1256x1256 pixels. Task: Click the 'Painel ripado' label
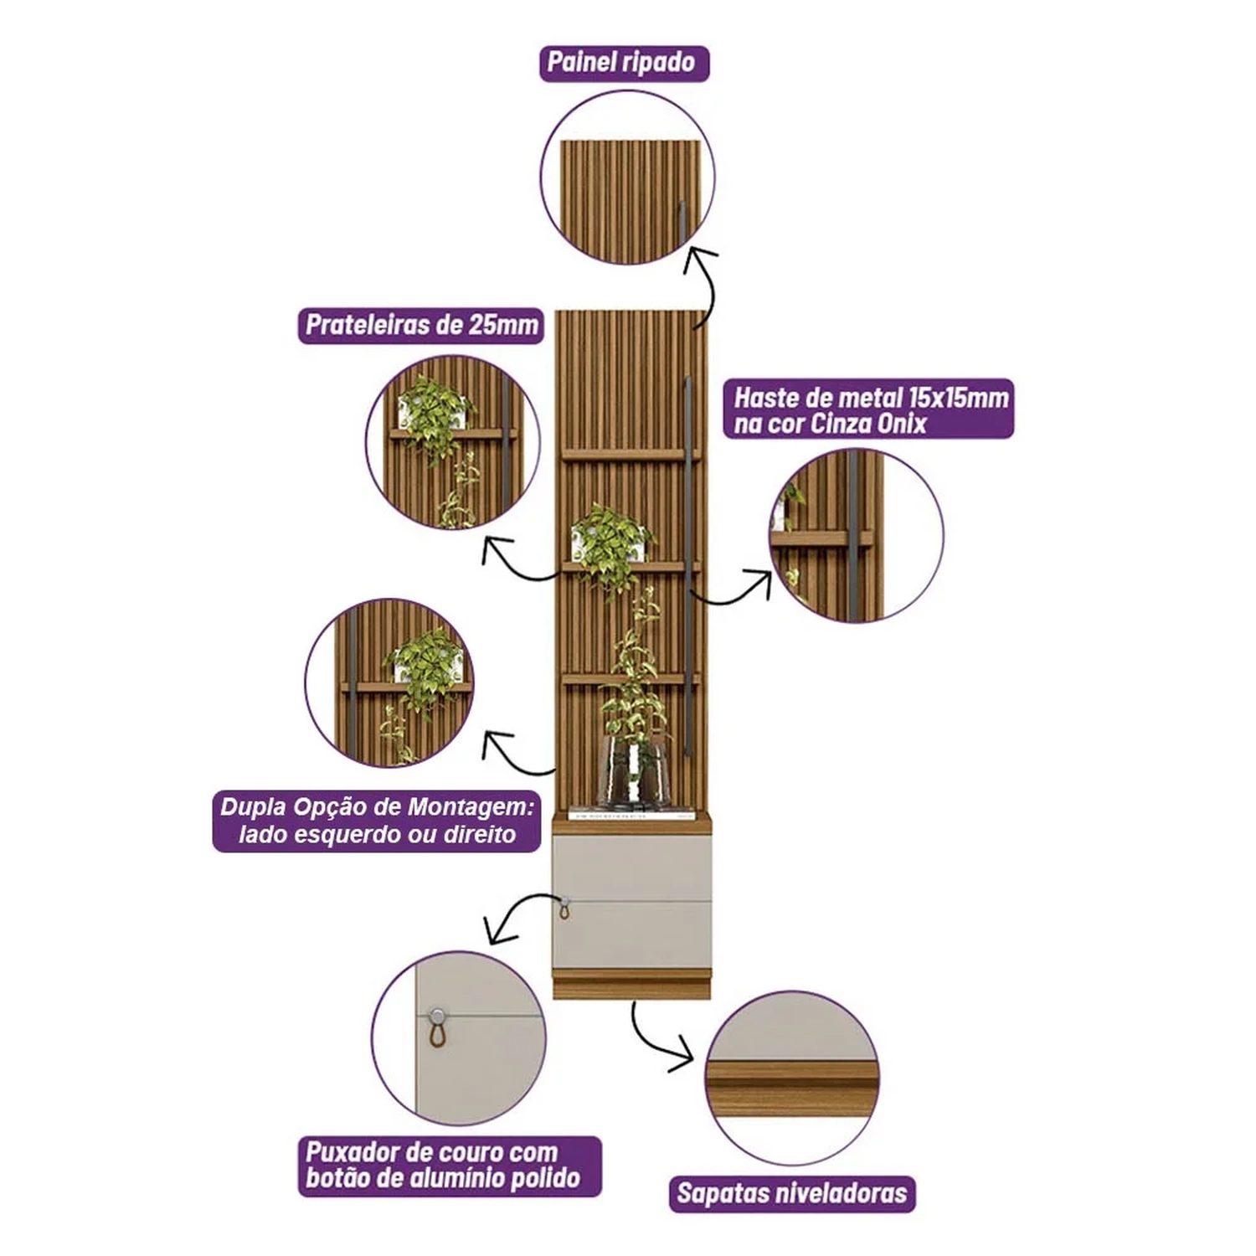pos(624,63)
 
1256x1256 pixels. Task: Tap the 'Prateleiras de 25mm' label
pos(421,325)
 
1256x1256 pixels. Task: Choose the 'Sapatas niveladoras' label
pos(792,1193)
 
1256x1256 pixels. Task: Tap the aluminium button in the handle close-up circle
pos(436,1017)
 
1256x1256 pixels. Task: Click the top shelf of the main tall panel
pos(631,455)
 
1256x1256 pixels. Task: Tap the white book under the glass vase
pos(631,812)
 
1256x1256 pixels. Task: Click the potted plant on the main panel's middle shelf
pos(611,540)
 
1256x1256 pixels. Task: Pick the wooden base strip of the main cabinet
pos(631,987)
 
